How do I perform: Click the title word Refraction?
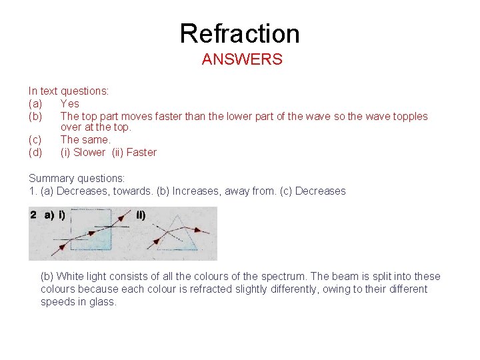pos(240,33)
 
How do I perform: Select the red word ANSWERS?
pos(242,59)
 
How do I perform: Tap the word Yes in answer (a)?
pos(69,103)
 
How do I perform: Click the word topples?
pos(409,116)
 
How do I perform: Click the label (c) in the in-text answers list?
pos(35,140)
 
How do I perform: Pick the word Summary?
pos(51,178)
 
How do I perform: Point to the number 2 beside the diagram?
pos(33,215)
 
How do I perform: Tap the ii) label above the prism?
pos(141,215)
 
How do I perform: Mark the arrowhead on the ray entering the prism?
pos(157,240)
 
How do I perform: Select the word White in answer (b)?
pos(71,276)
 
